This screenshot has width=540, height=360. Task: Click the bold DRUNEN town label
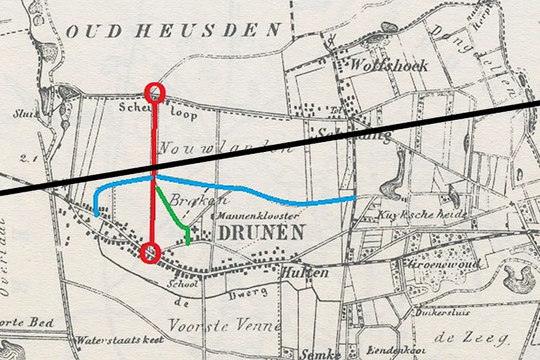point(260,232)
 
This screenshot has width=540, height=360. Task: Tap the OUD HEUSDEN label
point(173,30)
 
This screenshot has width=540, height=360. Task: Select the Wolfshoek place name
point(389,65)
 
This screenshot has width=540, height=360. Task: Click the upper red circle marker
point(155,91)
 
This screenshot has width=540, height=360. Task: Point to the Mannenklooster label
point(259,215)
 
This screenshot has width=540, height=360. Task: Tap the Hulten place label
point(304,273)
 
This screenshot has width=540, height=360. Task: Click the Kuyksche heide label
point(422,215)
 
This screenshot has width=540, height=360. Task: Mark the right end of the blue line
point(354,196)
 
